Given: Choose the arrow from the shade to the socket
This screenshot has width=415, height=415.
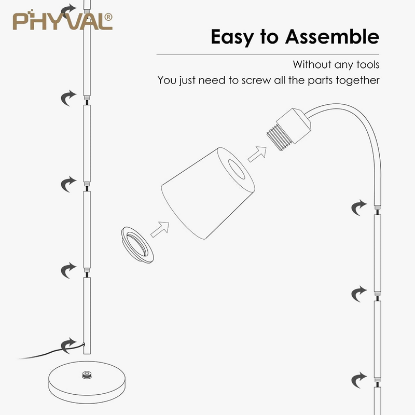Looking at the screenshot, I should [256, 153].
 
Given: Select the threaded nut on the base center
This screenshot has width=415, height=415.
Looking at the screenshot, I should [86, 374].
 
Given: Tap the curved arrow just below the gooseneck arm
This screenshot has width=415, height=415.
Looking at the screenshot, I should [358, 208].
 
